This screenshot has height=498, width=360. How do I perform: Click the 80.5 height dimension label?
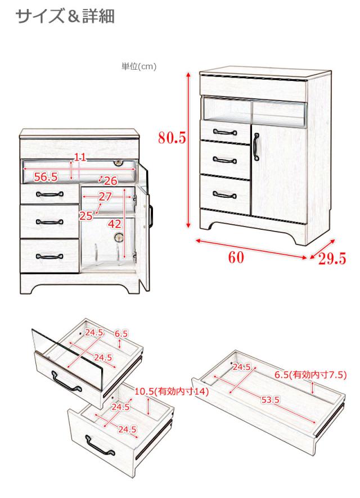(x=172, y=138)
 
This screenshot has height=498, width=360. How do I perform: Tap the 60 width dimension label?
(x=236, y=257)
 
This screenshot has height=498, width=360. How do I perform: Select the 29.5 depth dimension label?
(x=332, y=259)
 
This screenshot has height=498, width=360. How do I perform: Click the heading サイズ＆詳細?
(x=65, y=16)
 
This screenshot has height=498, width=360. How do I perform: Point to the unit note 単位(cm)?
(x=139, y=66)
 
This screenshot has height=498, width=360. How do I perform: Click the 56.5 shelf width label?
(x=46, y=177)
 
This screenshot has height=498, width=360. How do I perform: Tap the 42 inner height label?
(x=115, y=224)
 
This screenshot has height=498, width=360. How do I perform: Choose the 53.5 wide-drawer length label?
(x=270, y=400)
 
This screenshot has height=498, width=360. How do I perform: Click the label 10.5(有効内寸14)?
(x=172, y=391)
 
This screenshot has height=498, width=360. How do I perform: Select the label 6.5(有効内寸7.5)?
(x=310, y=375)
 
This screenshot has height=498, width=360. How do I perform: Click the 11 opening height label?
(x=80, y=157)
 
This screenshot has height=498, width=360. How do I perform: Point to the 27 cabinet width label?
(x=105, y=197)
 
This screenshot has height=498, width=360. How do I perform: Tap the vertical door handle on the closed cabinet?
(x=256, y=146)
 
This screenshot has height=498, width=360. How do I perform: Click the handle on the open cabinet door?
(x=151, y=216)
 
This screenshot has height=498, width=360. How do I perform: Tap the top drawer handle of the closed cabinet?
(x=225, y=132)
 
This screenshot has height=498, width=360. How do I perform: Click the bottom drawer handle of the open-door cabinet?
(x=49, y=256)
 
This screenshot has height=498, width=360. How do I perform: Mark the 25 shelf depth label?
(x=86, y=216)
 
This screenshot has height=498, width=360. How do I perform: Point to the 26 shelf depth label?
(x=111, y=181)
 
